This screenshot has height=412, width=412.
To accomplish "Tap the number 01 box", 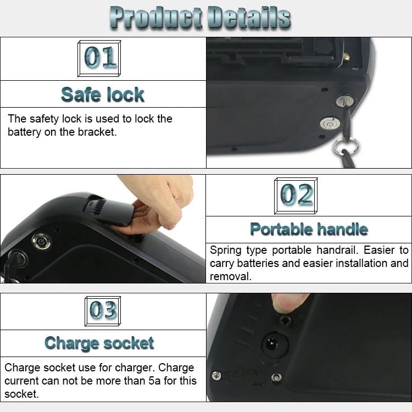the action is coord(99,58).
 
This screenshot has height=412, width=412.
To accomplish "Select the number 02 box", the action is coord(296,196).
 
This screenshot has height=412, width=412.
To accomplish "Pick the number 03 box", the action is coord(103,311).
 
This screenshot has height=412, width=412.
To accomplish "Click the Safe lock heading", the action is coord(103,94).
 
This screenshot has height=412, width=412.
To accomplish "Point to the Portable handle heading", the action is coord(309,229).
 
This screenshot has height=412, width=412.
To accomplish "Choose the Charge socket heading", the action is coord(99,343).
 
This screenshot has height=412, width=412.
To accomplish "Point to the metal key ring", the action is coord(346,146).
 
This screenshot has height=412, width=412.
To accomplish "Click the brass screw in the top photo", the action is coord(347,56).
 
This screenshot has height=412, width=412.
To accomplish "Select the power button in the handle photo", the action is coord(41,241).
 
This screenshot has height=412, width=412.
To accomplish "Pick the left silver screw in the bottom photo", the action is coord(216,376).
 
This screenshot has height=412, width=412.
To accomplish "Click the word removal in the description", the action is coord(230,277).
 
